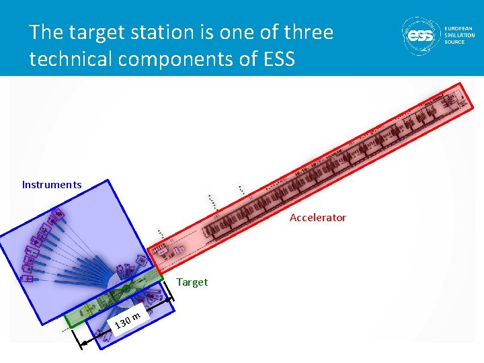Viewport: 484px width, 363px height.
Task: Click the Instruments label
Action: click(x=52, y=185)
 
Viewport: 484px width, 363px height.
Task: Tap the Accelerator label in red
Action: click(x=317, y=217)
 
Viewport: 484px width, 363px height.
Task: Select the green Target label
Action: click(x=192, y=282)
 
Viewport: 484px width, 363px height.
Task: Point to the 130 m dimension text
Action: click(x=128, y=321)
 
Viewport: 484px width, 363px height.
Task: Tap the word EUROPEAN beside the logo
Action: click(x=459, y=28)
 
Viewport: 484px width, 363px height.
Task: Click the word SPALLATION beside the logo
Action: click(x=459, y=35)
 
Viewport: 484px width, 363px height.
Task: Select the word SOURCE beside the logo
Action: click(x=454, y=42)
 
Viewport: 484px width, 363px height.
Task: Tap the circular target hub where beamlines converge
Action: click(x=126, y=290)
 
